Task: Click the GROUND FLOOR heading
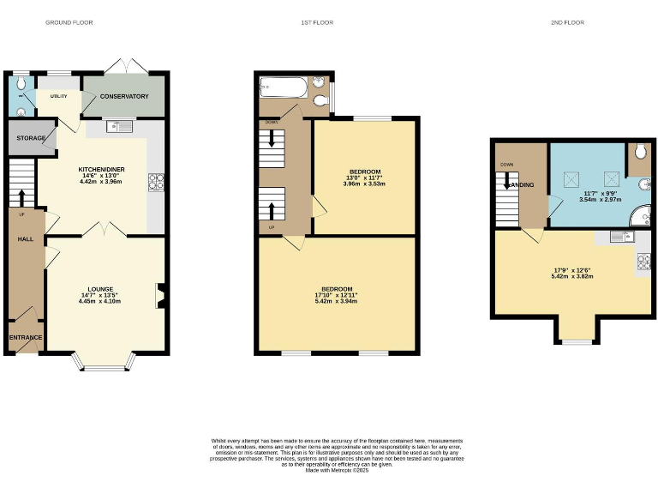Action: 69,22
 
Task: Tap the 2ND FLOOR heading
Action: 567,22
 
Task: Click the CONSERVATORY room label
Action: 124,96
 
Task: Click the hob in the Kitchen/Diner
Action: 157,181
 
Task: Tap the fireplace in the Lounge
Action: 159,295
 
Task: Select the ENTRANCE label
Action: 26,337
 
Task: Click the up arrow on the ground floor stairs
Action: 22,196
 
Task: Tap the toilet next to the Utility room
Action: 20,84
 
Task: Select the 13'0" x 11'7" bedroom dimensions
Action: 364,178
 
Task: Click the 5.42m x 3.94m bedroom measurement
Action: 336,301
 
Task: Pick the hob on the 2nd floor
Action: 643,262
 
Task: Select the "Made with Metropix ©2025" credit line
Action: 337,470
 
